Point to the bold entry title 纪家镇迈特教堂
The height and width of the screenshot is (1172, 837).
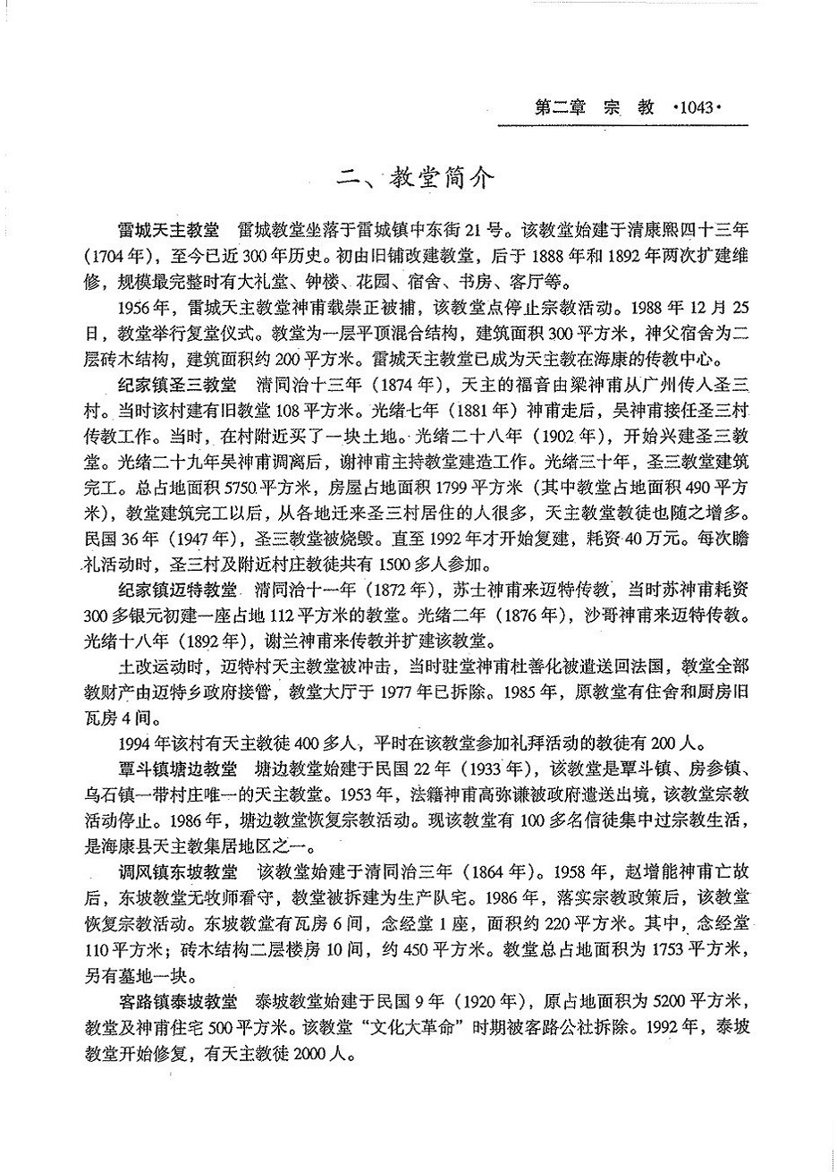click(x=176, y=592)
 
